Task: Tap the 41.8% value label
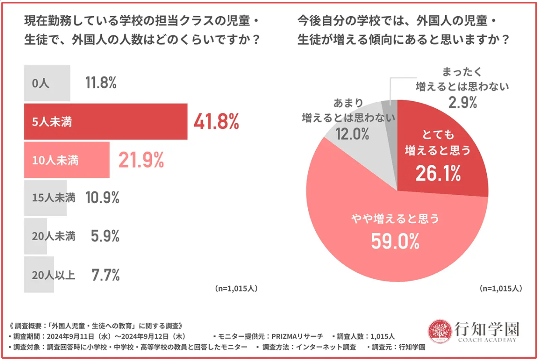tap(216, 122)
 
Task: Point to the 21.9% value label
tap(141, 160)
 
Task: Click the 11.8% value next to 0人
tap(101, 83)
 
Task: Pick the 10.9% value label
tap(103, 198)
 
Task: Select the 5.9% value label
tap(105, 236)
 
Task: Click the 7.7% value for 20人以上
tap(105, 275)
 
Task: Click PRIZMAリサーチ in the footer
tap(297, 336)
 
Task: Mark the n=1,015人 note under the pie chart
tap(500, 288)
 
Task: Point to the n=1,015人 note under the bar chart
tap(236, 288)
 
